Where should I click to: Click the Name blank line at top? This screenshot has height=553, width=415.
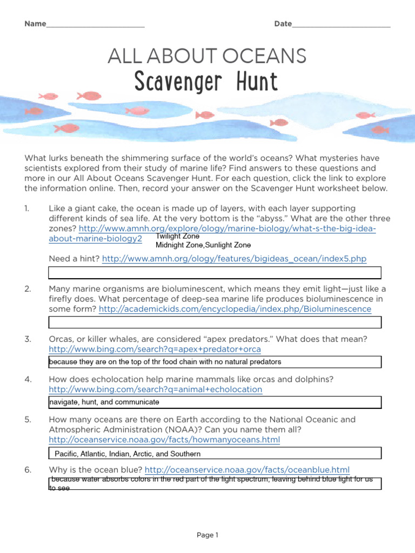(95, 25)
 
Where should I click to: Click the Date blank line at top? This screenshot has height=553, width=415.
(340, 25)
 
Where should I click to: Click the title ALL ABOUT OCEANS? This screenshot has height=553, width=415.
(207, 56)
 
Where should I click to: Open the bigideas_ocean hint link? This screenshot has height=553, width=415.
(234, 259)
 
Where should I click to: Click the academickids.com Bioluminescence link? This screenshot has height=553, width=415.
(235, 309)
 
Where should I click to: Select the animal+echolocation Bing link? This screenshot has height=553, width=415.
(155, 389)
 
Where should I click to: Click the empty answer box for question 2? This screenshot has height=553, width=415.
(215, 322)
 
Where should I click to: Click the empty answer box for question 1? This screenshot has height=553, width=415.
(215, 272)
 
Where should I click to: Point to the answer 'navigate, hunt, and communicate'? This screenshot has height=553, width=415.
(104, 402)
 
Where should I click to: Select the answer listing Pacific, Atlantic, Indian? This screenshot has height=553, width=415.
(128, 454)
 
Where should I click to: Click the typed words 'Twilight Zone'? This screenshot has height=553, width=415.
(177, 237)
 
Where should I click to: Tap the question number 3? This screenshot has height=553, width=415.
(28, 339)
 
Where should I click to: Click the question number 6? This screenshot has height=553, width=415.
(28, 469)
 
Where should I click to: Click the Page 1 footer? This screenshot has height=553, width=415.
(207, 535)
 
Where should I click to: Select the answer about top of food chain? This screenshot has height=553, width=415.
(165, 362)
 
